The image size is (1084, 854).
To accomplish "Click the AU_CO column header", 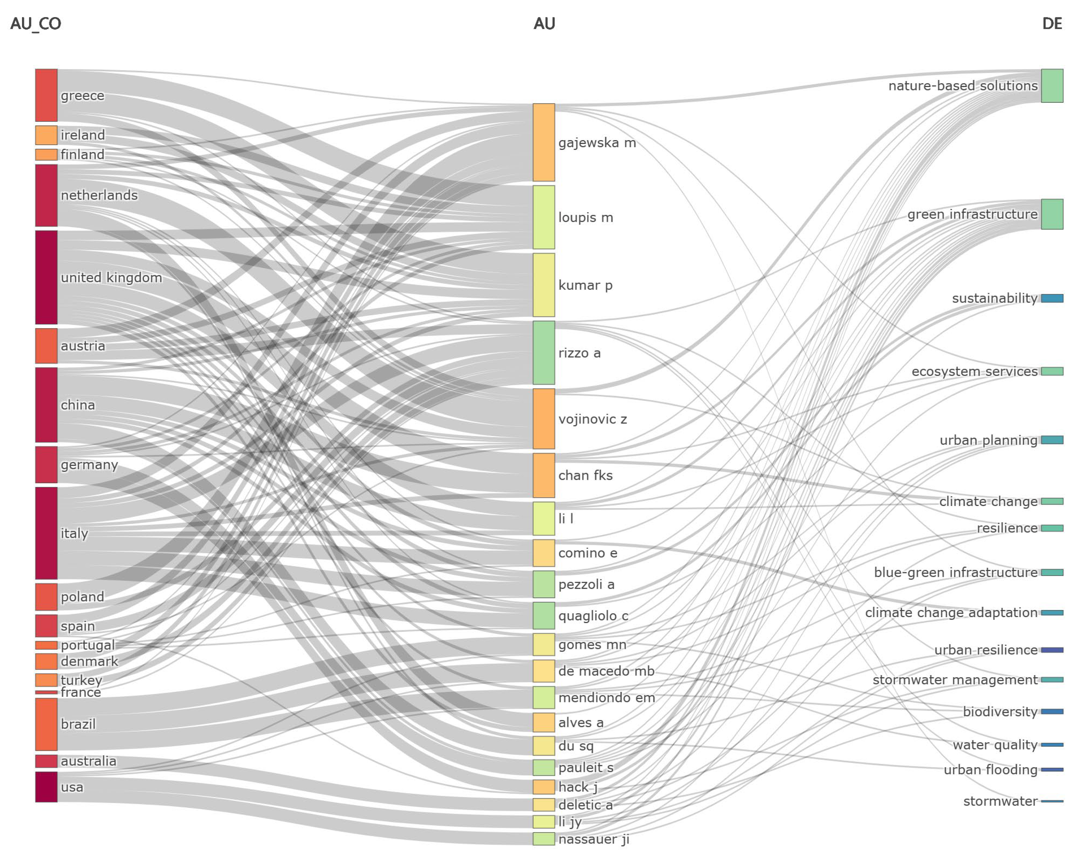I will (x=36, y=23).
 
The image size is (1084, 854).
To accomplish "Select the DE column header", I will (x=1052, y=23).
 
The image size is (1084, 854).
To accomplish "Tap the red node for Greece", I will (x=46, y=95).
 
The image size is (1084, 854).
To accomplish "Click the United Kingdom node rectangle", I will (x=46, y=277).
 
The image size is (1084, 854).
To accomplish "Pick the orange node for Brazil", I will (x=46, y=724).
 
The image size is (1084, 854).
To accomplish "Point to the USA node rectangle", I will (x=46, y=787).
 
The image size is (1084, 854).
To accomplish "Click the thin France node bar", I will (x=46, y=692).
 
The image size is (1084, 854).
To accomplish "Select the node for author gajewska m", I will (x=544, y=143).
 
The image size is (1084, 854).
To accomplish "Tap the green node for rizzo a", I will (x=544, y=353).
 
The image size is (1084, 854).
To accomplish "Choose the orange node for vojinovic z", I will (x=544, y=419).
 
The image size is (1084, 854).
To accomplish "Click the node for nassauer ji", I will (x=544, y=839).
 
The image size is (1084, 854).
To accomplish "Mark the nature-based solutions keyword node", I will (x=1052, y=86).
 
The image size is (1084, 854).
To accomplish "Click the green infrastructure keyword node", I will (x=1052, y=214).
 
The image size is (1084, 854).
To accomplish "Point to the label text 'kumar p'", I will (x=585, y=285).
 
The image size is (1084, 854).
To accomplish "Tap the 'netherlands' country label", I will (x=99, y=195).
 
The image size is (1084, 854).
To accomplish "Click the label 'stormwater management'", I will (x=955, y=680).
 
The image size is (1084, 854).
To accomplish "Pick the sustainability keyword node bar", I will (x=1052, y=298).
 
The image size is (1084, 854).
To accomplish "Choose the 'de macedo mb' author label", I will (x=606, y=671).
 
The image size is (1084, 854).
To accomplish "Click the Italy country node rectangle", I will (x=46, y=533).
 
